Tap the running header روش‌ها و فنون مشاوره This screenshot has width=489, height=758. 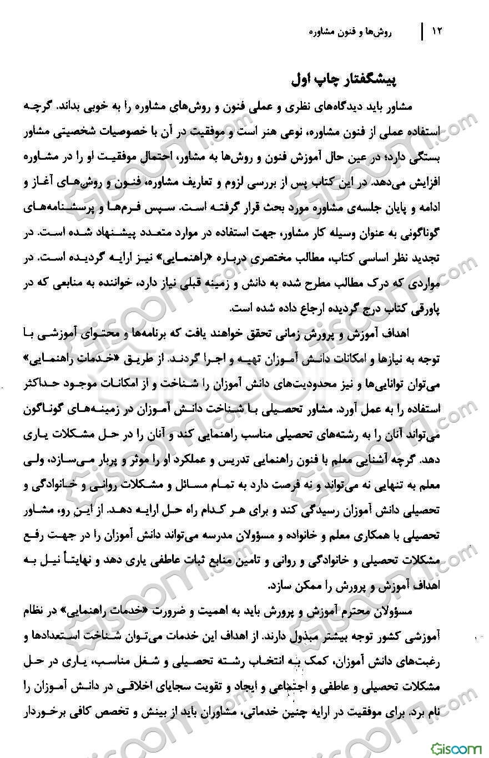[350, 32]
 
